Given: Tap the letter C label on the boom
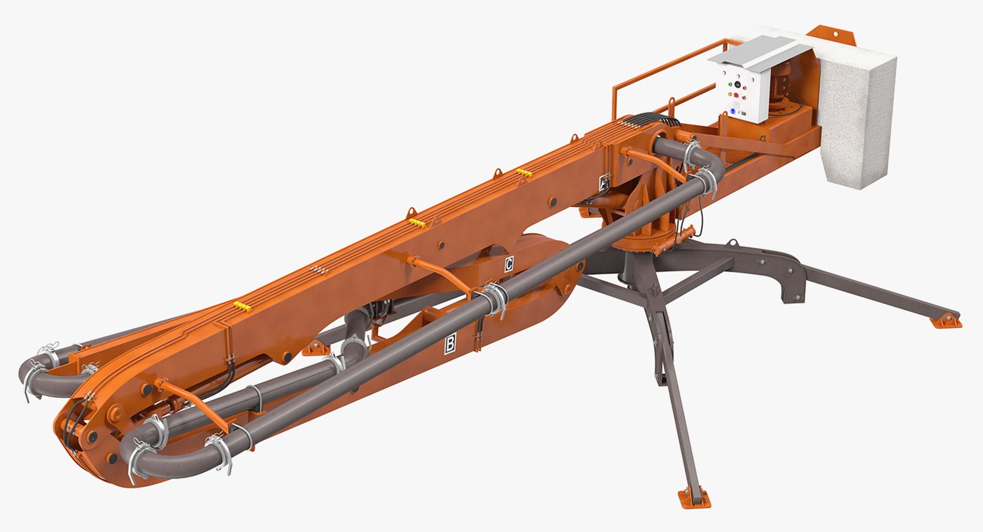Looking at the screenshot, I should [508, 264].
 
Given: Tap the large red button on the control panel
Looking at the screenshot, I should [736, 95].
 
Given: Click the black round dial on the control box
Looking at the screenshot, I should [737, 84].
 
